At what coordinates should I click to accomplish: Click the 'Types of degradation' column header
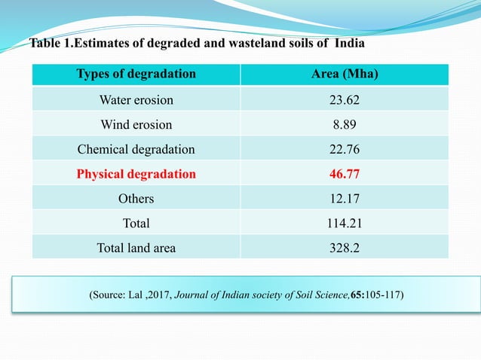(x=136, y=74)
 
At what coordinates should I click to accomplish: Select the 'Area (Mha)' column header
(x=345, y=74)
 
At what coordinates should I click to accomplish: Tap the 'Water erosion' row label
(x=136, y=100)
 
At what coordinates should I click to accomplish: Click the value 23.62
(x=345, y=100)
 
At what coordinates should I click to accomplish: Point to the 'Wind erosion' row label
(x=136, y=125)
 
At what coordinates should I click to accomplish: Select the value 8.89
(x=345, y=125)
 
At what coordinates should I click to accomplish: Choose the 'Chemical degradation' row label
(x=136, y=150)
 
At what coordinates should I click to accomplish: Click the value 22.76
(x=345, y=149)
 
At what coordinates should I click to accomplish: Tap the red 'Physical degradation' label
(x=136, y=174)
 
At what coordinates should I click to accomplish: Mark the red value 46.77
(x=345, y=174)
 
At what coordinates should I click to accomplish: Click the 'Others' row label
(x=136, y=199)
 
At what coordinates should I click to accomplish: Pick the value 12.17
(x=345, y=199)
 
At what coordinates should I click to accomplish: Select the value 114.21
(x=345, y=223)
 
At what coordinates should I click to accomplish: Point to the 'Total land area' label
(x=136, y=248)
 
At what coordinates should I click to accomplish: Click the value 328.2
(x=345, y=248)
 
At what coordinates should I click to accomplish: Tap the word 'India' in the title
(x=349, y=43)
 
